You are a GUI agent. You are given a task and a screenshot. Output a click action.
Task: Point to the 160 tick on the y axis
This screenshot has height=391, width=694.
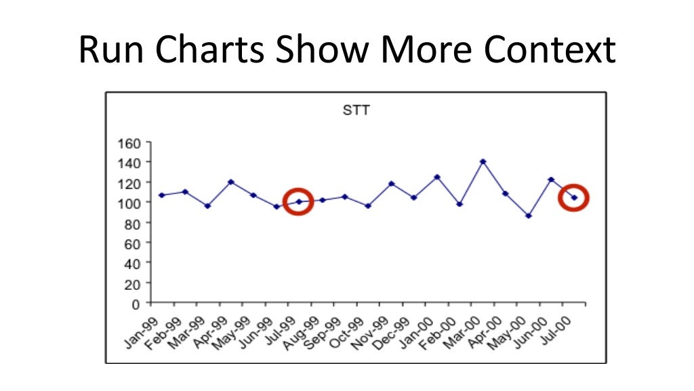pos(129,143)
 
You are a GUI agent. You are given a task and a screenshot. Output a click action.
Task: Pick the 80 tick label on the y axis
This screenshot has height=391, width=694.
pos(132,223)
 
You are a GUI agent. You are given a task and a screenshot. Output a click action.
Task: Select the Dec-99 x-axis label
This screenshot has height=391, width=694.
pos(394,330)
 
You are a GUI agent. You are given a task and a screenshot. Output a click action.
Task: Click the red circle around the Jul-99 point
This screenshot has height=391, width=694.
pos(298,202)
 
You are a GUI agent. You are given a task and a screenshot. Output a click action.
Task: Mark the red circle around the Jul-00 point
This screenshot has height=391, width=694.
pos(574,198)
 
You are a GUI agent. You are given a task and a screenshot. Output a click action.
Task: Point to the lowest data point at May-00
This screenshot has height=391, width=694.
pos(529,216)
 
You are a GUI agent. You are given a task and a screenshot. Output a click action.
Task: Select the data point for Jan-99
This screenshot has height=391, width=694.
pos(161,195)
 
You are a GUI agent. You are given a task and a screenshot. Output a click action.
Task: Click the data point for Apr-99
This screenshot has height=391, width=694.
pos(230,182)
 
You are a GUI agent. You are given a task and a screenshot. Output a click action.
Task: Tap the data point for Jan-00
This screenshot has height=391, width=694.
pos(436,177)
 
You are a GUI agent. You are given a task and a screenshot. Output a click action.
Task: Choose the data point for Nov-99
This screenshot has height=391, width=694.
pos(391,184)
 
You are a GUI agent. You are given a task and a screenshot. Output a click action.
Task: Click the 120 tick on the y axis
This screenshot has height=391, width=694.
pos(129,183)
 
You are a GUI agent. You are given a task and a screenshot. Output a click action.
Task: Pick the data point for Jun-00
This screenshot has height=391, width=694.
pos(551,179)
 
